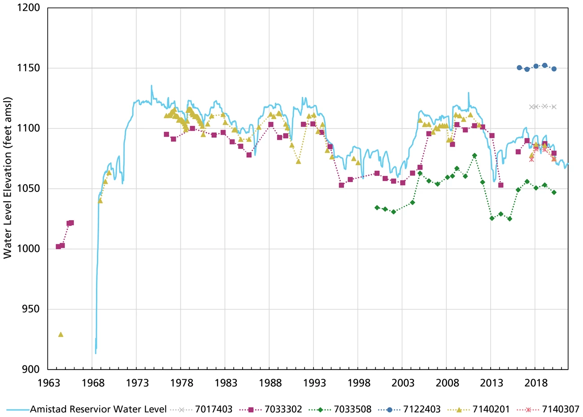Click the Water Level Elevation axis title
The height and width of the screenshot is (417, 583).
tap(8, 178)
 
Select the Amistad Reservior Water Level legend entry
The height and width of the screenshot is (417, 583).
tap(98, 409)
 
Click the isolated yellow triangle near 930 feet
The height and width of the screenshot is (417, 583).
tap(61, 334)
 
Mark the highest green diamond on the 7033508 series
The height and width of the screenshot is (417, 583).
tap(474, 155)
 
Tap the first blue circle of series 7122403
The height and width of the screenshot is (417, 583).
tap(519, 68)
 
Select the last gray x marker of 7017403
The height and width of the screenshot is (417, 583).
tap(554, 107)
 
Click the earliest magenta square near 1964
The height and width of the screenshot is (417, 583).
tap(58, 247)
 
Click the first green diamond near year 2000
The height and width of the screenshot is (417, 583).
tap(377, 208)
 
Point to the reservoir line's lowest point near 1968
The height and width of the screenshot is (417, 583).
tap(96, 353)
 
